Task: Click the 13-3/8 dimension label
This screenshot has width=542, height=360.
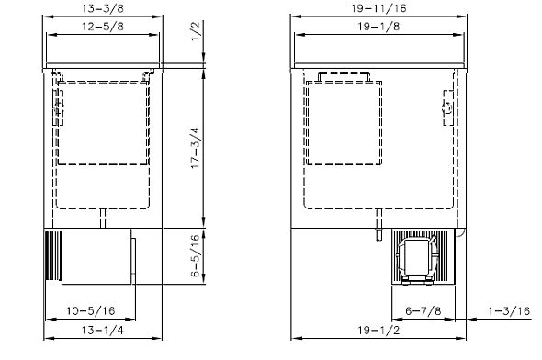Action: tap(102, 8)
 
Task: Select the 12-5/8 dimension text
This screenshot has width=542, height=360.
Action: tap(102, 27)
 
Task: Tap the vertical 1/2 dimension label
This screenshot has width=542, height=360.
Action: tap(196, 31)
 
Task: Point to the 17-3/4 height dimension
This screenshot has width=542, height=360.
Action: tap(196, 148)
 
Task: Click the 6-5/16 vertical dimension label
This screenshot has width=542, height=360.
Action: tap(196, 255)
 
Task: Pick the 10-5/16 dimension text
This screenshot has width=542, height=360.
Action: tap(91, 311)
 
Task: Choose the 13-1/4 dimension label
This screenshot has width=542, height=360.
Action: tap(102, 331)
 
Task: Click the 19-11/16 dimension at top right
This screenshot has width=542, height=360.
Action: tap(378, 8)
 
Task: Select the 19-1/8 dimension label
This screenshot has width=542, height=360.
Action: tap(378, 27)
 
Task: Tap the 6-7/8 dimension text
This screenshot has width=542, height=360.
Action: tap(423, 311)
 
